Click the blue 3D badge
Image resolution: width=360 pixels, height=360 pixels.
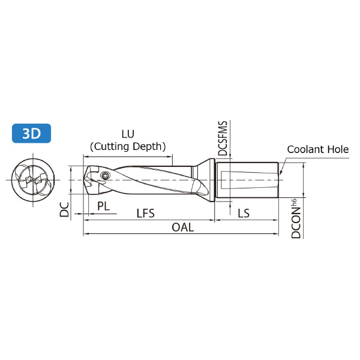31,133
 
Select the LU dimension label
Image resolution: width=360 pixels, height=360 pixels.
128,134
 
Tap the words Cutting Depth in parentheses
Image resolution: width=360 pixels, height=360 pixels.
128,146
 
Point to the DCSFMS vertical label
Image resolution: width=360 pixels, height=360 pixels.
223,139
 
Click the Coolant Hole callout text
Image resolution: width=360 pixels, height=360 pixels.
318,149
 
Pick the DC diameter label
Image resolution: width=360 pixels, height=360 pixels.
64,209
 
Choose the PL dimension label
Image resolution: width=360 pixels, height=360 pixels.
103,206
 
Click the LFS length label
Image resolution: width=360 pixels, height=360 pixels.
146,213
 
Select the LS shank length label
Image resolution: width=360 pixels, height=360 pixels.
244,213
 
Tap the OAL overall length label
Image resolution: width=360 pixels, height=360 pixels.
183,227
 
